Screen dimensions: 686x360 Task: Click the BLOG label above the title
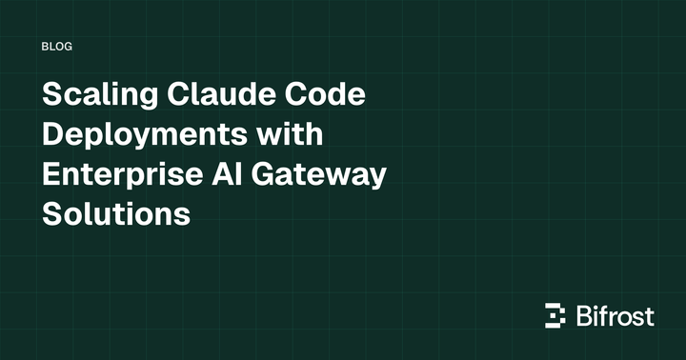click(x=58, y=46)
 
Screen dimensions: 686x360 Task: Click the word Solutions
click(x=116, y=214)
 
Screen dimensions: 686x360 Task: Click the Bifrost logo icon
click(x=555, y=315)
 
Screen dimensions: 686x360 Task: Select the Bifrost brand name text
click(x=615, y=315)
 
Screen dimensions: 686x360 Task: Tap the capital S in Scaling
click(x=52, y=97)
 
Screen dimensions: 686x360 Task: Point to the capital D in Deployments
click(x=53, y=136)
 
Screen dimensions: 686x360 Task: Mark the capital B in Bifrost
click(x=585, y=315)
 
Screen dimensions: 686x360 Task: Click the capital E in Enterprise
click(x=52, y=175)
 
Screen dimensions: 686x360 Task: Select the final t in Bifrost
click(x=650, y=316)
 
